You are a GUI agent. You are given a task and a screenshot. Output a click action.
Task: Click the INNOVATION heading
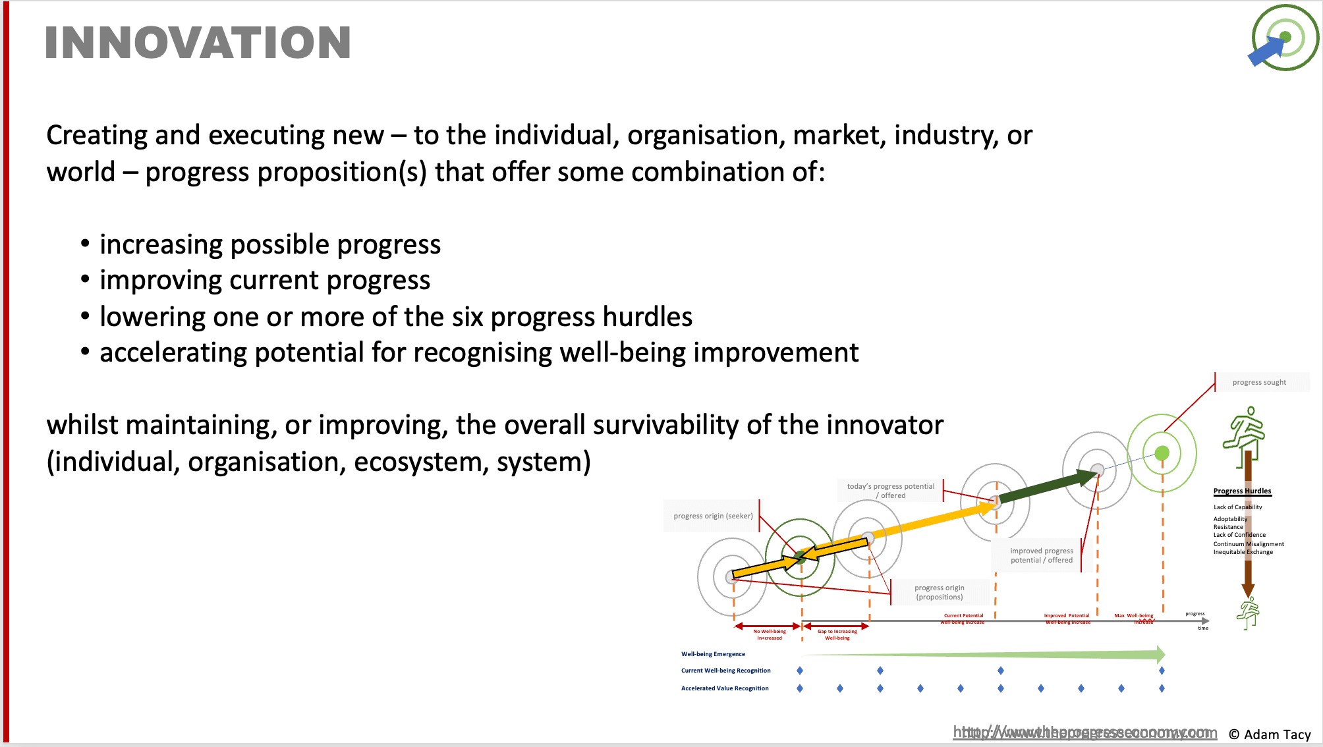point(198,43)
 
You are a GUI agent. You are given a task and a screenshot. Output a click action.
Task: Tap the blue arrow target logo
point(1283,38)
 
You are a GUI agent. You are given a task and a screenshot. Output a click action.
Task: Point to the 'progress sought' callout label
point(1259,382)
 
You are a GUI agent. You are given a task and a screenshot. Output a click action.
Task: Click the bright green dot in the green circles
point(1162,453)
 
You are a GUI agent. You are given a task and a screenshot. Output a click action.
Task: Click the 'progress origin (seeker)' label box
point(713,516)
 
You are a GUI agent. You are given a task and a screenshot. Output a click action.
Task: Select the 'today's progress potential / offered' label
point(890,491)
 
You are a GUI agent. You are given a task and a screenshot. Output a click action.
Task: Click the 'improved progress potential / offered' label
point(1041,555)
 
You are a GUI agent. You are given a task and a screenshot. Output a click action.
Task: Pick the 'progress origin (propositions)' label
point(939,592)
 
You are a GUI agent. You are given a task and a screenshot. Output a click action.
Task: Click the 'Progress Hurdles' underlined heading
point(1242,491)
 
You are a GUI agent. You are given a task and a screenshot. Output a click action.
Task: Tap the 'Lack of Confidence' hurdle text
point(1239,535)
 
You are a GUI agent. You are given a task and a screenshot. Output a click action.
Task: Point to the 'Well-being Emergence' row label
point(713,654)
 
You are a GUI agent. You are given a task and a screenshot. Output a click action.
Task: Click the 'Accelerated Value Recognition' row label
point(725,688)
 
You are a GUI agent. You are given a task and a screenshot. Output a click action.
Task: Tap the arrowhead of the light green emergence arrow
point(1161,654)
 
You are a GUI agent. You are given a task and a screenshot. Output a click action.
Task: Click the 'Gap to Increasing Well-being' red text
point(837,634)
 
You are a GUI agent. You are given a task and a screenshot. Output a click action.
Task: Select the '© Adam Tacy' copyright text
point(1270,734)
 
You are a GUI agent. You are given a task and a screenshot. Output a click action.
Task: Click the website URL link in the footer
point(1084,733)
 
